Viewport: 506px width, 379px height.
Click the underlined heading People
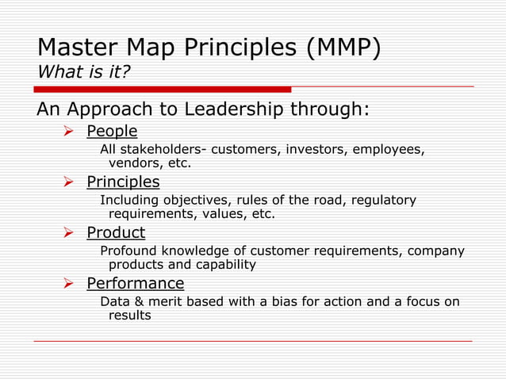(x=111, y=131)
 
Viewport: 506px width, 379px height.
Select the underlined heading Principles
(x=122, y=182)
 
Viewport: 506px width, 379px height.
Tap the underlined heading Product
(x=115, y=232)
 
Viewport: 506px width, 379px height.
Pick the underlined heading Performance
(x=135, y=283)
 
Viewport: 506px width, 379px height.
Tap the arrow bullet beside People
(x=68, y=131)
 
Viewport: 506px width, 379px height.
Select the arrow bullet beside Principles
(x=68, y=182)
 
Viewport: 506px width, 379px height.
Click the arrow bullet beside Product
(x=68, y=232)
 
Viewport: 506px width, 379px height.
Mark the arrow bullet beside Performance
(x=68, y=283)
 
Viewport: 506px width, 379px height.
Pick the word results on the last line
(x=129, y=316)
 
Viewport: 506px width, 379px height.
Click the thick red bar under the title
(x=163, y=89)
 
